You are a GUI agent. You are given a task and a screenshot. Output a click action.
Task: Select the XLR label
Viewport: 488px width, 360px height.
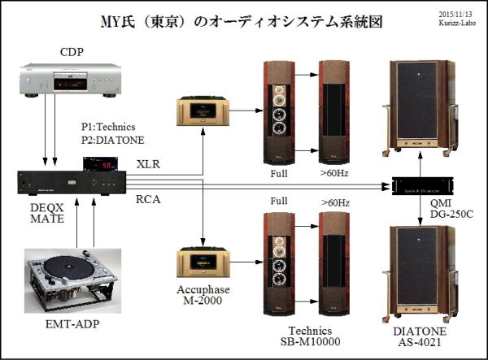click(148, 164)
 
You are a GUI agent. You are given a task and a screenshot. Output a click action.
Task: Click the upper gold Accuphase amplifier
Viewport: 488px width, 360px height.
click(202, 111)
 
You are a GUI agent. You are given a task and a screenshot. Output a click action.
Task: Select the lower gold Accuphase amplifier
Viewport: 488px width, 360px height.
click(202, 266)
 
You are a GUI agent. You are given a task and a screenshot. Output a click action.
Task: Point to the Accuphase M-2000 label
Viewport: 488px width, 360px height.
click(202, 300)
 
